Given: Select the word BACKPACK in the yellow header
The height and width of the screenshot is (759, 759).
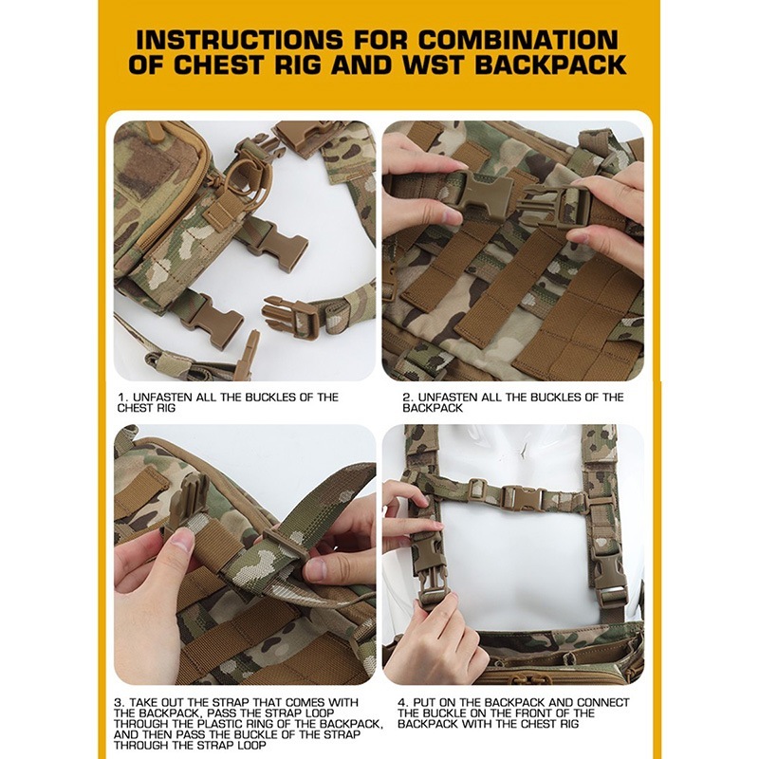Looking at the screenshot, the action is coord(550,65).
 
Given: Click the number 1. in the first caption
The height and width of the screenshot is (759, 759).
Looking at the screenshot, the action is coord(123,398).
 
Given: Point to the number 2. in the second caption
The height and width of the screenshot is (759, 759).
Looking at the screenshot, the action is coord(408,398).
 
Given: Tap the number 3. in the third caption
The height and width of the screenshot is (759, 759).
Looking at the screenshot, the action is coord(120,702).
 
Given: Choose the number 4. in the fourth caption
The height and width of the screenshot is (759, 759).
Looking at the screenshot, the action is coord(403,702).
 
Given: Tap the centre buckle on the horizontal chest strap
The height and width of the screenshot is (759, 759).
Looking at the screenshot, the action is coord(522,497).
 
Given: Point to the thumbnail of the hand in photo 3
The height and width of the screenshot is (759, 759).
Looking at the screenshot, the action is coord(183,540).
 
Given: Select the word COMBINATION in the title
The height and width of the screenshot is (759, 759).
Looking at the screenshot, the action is coord(517,40).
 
